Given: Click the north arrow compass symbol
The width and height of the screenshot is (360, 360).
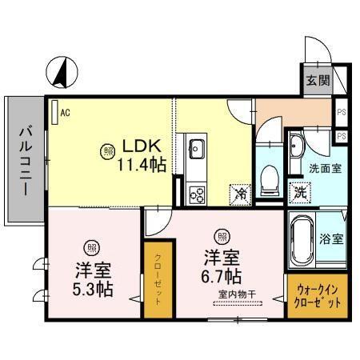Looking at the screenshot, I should coord(59,74).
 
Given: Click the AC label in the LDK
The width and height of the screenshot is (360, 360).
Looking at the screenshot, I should coord(65,112).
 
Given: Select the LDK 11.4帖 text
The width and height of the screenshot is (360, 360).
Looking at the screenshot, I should coord(143,156).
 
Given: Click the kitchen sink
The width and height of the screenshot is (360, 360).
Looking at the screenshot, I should coord(196,148).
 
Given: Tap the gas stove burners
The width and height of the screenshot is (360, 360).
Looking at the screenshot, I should coord(196,192).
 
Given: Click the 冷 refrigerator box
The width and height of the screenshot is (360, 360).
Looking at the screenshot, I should coord(239,193).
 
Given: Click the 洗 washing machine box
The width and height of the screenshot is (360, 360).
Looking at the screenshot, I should coord(298,192).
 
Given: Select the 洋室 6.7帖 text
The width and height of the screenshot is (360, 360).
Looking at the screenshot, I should coord(221,267).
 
